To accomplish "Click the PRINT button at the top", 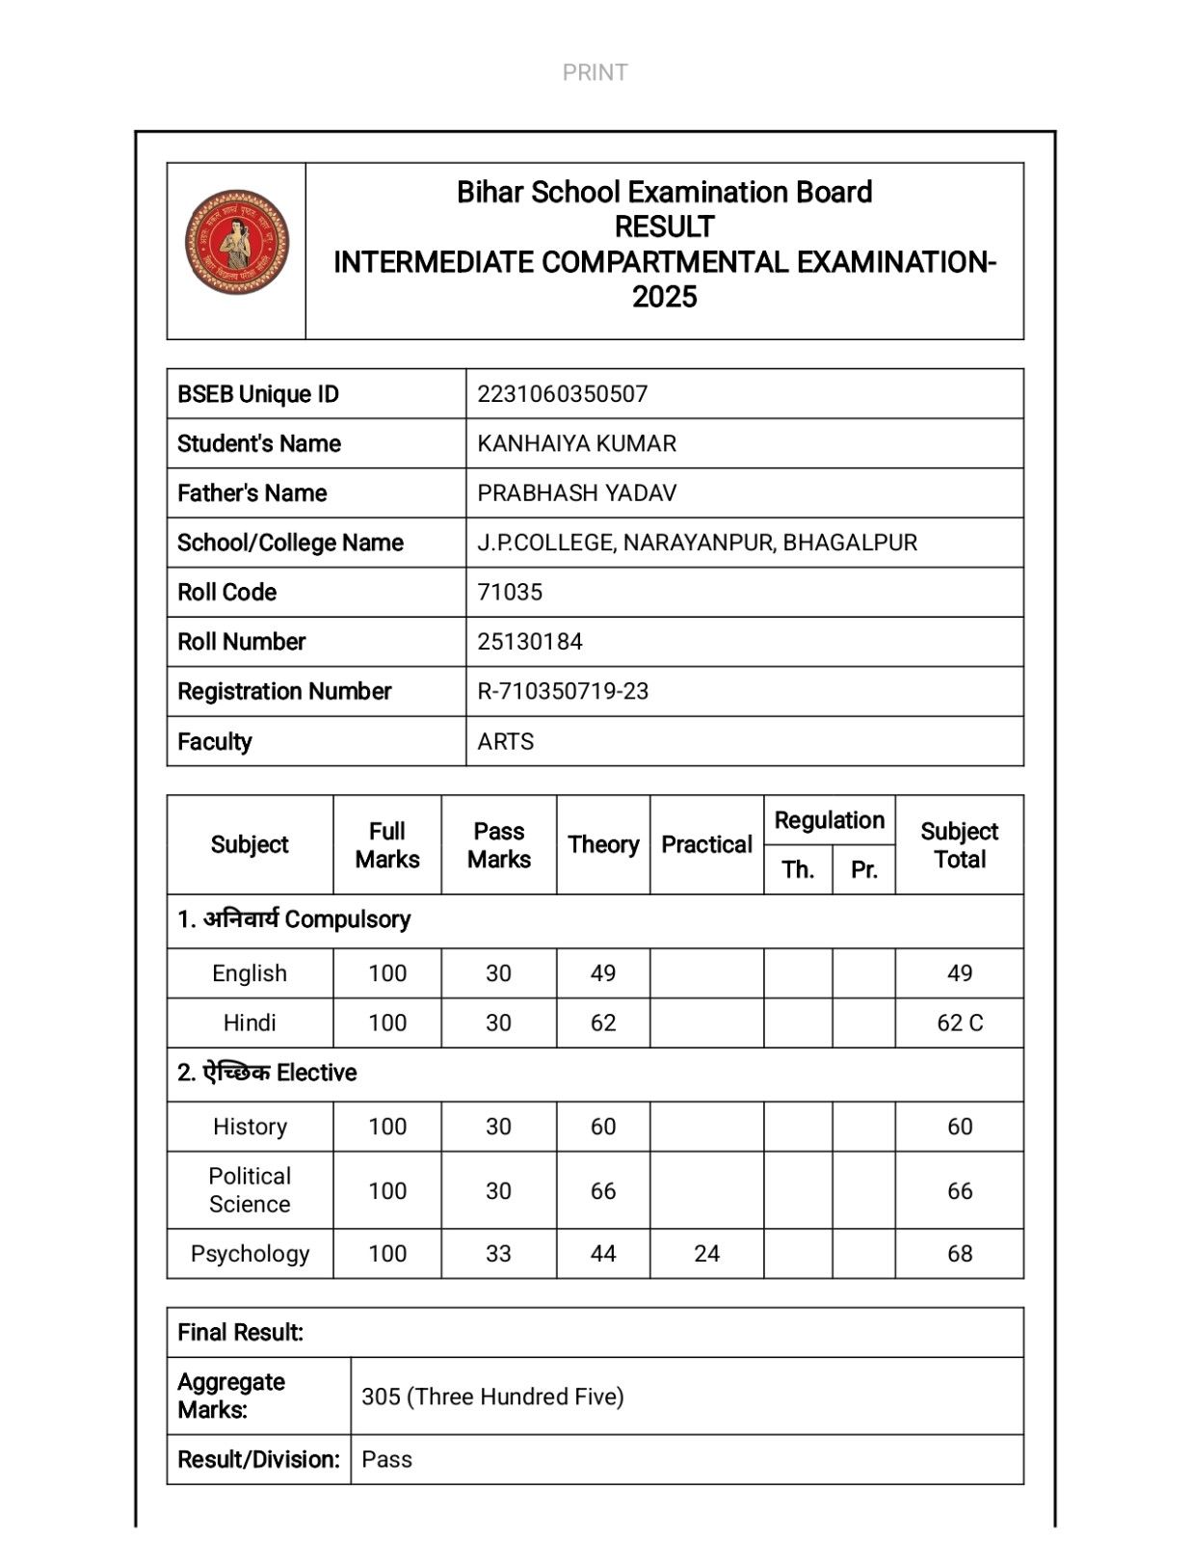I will (x=595, y=72).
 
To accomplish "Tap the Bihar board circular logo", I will (x=236, y=242).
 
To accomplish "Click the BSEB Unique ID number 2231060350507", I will (x=562, y=394).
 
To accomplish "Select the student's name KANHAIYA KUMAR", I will (x=576, y=443).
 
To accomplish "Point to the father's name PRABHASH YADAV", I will (x=576, y=493).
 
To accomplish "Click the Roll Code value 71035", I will (x=510, y=593).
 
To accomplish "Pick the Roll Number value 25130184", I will (x=529, y=642).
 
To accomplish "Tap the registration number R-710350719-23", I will (x=563, y=692).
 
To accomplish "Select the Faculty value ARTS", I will (x=505, y=742).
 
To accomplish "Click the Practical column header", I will (x=706, y=845).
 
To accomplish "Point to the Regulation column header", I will (x=829, y=821).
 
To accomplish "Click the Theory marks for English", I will (x=603, y=973).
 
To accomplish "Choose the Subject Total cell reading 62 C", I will (x=960, y=1024).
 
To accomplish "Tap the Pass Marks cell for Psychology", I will (x=498, y=1254).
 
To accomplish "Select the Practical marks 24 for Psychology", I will (x=706, y=1254).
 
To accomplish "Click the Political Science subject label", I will (x=250, y=1190).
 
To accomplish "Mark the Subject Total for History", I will (x=960, y=1127).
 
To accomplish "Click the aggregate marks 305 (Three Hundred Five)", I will (x=492, y=1397).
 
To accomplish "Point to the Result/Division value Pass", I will (x=386, y=1460).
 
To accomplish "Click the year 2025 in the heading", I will (x=664, y=298).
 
